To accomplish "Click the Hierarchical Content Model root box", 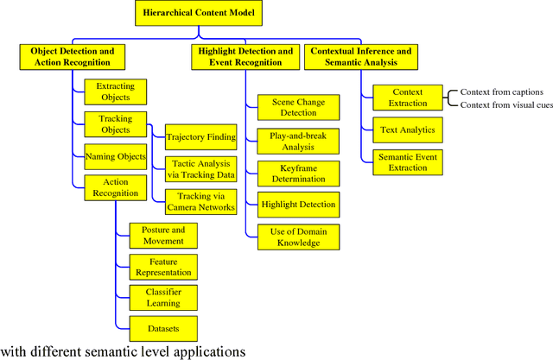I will point(200,14).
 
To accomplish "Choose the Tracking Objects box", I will point(109,124).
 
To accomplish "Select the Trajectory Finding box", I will point(200,136).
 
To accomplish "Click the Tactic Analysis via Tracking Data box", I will point(200,168).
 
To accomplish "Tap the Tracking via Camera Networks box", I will point(200,201).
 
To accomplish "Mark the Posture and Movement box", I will point(163,235).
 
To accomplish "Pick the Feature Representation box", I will point(163,266).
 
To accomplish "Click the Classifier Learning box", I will point(163,297).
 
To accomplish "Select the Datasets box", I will point(163,329).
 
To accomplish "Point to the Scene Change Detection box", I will point(298,107).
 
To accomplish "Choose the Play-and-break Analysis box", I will point(298,140).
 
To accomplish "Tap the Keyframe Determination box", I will point(298,173).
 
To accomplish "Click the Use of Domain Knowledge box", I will point(298,237).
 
